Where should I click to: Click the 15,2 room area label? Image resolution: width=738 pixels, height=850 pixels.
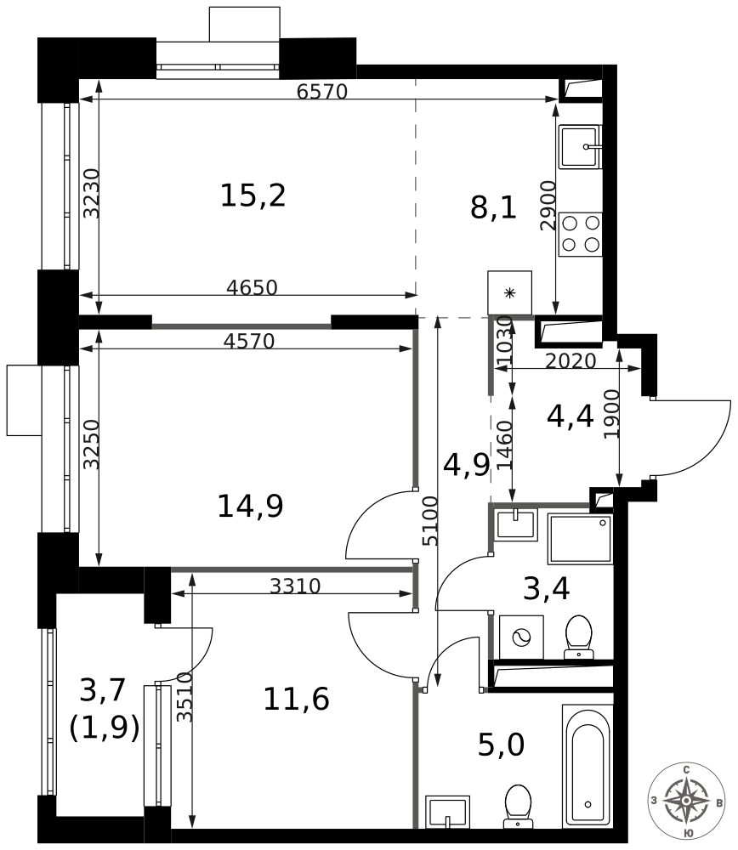pos(253,195)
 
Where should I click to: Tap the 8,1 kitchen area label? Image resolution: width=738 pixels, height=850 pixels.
pos(493,207)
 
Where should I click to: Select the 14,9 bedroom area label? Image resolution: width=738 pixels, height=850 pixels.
pos(250,507)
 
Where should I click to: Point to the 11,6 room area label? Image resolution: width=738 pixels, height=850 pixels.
pos(296,699)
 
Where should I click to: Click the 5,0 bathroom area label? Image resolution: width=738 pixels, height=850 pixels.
pos(501,745)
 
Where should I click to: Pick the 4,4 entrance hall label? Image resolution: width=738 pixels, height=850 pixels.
pos(570,416)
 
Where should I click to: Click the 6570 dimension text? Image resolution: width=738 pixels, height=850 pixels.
pos(322,92)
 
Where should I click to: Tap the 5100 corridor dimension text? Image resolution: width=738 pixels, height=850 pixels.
pos(430,521)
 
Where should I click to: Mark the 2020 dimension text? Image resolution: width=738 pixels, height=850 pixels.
pos(571,360)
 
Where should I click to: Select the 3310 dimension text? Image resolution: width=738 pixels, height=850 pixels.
pos(296,586)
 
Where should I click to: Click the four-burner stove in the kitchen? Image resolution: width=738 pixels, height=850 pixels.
pos(580,235)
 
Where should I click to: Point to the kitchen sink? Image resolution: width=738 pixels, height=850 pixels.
pos(580,147)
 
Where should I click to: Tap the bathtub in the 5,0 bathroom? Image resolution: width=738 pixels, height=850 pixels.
pos(588,767)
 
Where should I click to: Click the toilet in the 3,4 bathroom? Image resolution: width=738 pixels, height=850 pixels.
pos(578,637)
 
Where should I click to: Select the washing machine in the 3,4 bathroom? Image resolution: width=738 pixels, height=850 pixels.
pos(521,637)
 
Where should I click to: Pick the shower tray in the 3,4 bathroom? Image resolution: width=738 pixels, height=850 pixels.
pos(580,539)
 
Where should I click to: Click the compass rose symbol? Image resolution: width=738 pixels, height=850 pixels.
pos(686,800)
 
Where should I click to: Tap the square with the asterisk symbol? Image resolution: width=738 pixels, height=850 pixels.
pos(510,292)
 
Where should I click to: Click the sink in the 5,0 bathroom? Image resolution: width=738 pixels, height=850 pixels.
pos(447,812)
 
